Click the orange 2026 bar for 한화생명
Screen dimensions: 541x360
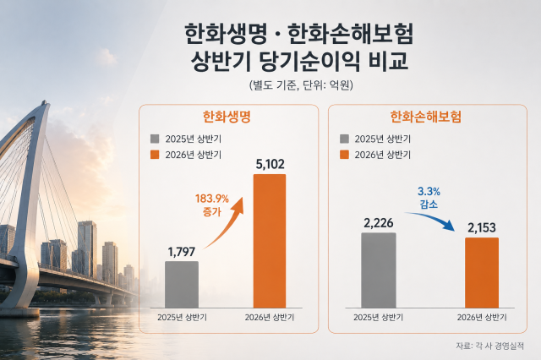tap(270, 241)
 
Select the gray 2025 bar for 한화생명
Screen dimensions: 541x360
tap(182, 285)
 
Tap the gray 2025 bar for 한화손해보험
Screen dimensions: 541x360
tap(379, 270)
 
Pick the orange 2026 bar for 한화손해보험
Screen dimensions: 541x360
tap(482, 272)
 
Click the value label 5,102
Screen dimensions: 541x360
tap(270, 165)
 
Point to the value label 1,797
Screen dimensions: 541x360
tap(182, 252)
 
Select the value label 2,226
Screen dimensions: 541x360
tap(379, 223)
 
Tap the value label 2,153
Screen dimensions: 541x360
tap(482, 228)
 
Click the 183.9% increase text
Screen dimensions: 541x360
tap(212, 205)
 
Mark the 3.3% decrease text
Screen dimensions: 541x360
tap(429, 198)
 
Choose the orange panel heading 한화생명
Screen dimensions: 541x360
tap(227, 117)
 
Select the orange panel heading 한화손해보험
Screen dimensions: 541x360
tap(425, 117)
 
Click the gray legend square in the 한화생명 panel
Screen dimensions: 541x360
tap(155, 139)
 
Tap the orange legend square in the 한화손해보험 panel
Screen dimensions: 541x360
tap(344, 155)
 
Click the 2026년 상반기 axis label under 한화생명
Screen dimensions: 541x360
tap(270, 317)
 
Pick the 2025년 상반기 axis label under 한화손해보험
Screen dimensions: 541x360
tap(378, 317)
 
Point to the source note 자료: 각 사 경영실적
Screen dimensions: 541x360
tap(490, 346)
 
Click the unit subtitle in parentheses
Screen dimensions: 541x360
tap(301, 85)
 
